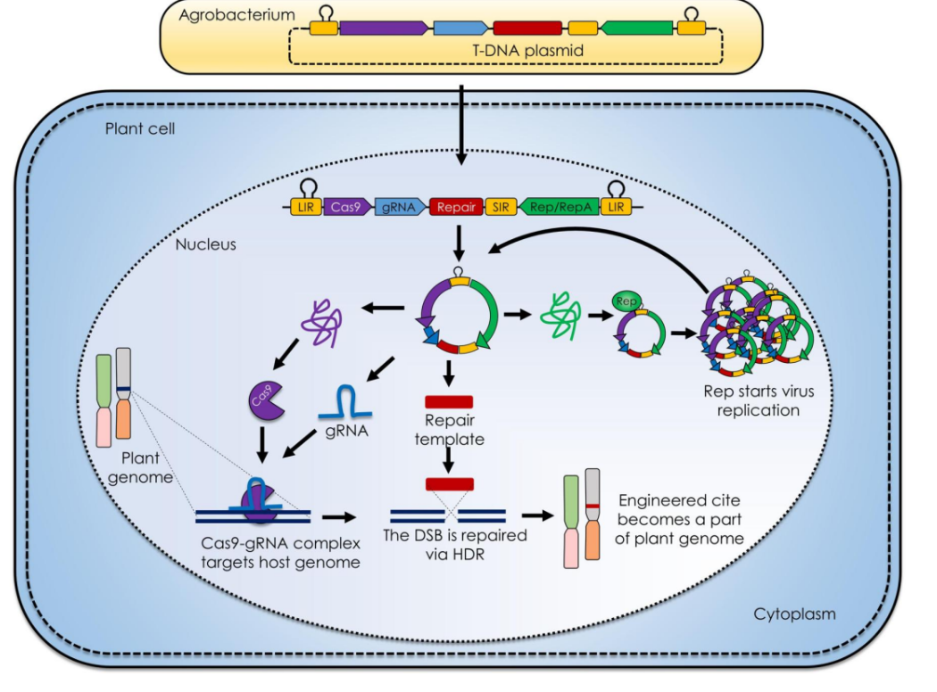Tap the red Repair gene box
coord(456,207)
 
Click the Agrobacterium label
coord(236,15)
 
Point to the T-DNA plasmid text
coord(527,51)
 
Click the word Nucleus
coord(205,243)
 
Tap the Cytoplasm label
coord(794,614)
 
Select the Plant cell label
coord(140,128)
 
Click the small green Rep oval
coord(626,301)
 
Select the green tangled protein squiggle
coord(560,314)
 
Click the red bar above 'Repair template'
coord(449,400)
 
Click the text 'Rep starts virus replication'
coord(759,400)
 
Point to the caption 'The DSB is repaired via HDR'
coord(454,544)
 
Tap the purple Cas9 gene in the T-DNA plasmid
coord(382,29)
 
